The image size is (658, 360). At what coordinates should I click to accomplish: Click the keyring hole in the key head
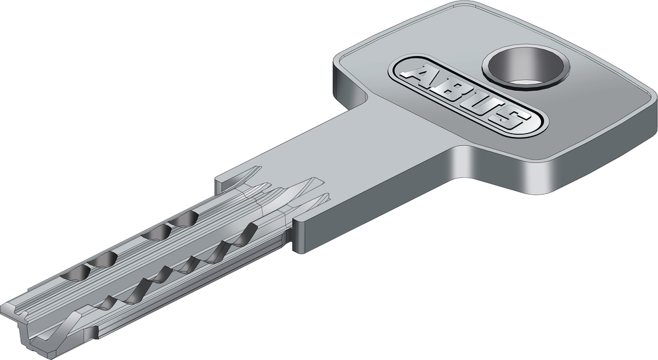coord(525,67)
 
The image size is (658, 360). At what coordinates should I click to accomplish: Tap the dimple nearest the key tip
coord(76,274)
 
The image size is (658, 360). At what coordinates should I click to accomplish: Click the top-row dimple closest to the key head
coord(183,219)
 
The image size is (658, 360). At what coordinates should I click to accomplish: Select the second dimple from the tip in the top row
coord(103,260)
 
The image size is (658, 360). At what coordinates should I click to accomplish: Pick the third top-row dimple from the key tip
coord(156,232)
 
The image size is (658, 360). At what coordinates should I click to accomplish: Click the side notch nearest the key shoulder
coord(243,236)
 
